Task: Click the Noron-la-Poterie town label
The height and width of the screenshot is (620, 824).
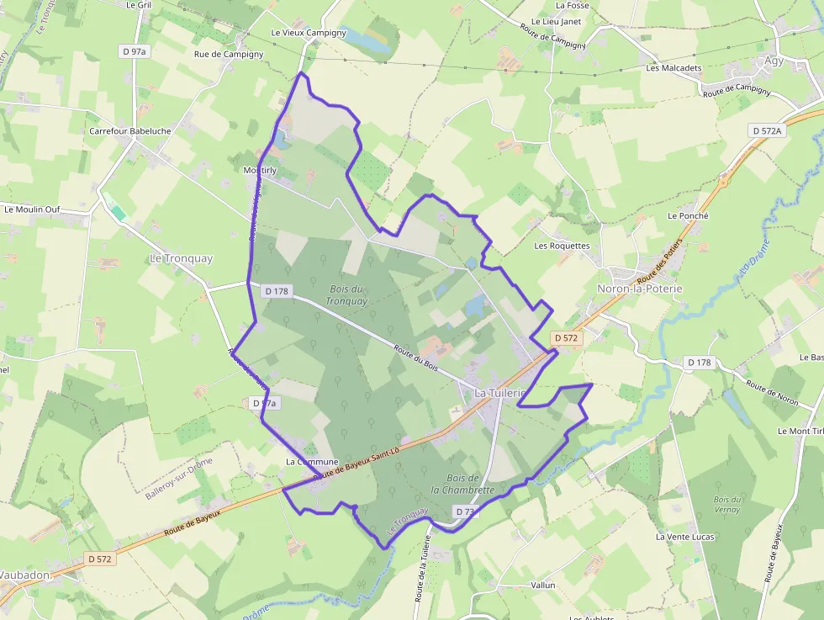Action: tap(639, 289)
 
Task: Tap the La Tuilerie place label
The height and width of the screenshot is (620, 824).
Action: tap(499, 393)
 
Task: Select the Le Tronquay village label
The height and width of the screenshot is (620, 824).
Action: tap(181, 258)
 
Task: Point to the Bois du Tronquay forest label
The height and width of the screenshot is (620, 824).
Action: tap(346, 294)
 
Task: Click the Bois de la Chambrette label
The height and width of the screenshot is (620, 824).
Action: tap(462, 484)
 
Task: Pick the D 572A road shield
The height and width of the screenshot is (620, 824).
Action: tap(766, 130)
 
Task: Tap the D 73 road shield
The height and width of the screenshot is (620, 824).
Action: tap(466, 511)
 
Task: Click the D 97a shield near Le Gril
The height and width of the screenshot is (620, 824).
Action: tap(134, 51)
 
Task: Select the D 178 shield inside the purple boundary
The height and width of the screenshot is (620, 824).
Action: tap(277, 291)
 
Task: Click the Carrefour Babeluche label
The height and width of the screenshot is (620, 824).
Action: tap(130, 131)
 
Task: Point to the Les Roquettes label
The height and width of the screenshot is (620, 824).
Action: tap(563, 246)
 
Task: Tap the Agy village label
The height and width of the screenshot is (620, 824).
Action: tap(774, 61)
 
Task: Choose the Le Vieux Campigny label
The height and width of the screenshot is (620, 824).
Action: tap(309, 33)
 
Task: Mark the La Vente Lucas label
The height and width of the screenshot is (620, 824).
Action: tap(684, 537)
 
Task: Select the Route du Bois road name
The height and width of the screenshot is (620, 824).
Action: tap(416, 357)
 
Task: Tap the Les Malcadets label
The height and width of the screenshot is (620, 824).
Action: tap(673, 68)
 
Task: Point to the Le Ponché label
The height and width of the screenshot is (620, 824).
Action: tap(688, 215)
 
